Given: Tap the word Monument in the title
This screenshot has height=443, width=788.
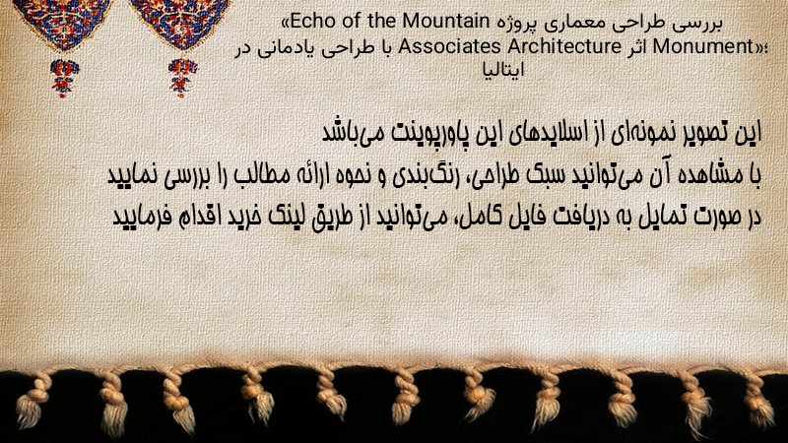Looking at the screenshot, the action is (x=702, y=46).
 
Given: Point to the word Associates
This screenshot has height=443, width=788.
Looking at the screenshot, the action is (x=450, y=46).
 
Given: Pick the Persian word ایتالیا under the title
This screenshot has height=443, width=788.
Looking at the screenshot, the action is (x=503, y=70).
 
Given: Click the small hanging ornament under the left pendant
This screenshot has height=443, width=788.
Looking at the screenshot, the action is (x=64, y=78).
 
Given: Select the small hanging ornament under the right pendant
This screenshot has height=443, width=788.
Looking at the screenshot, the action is (x=182, y=78).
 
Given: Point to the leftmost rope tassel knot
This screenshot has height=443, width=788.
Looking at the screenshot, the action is (x=32, y=403).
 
